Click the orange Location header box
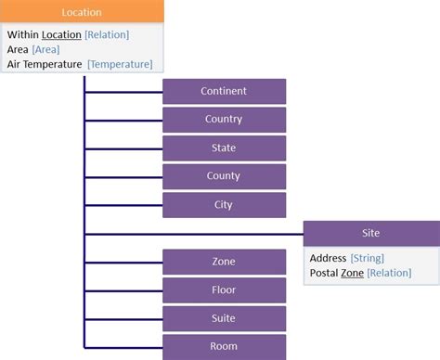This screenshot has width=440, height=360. [82, 13]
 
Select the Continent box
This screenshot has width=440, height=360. [224, 91]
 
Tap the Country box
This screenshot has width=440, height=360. [224, 120]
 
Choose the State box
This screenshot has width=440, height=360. [224, 148]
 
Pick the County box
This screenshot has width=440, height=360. [224, 176]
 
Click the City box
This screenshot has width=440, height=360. [224, 205]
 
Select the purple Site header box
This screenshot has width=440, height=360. [370, 234]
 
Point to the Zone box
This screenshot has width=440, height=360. [224, 262]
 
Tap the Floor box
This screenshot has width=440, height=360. [224, 290]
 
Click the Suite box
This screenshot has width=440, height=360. [224, 318]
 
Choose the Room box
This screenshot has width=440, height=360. [224, 347]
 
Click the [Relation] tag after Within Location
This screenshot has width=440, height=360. [107, 35]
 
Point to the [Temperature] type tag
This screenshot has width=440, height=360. [120, 64]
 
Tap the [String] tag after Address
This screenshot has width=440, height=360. [367, 258]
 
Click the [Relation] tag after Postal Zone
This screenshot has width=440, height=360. [389, 273]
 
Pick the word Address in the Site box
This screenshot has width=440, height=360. [328, 258]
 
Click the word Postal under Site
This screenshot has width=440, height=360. [324, 273]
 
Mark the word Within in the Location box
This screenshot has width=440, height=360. [22, 35]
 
